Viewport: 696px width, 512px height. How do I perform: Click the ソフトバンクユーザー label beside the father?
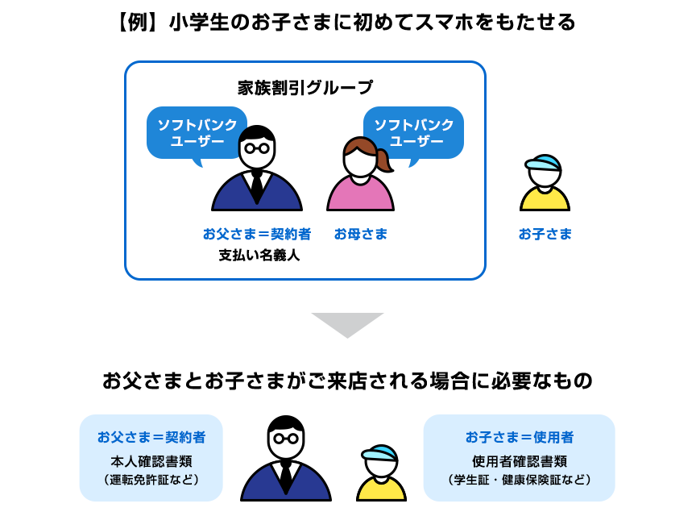click(x=197, y=132)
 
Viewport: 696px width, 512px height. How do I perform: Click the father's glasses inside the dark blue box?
click(x=257, y=148)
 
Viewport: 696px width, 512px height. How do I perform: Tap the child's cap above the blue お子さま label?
click(x=545, y=164)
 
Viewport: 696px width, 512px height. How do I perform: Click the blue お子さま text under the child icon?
click(x=545, y=235)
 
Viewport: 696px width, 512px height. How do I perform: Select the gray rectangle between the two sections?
click(x=347, y=326)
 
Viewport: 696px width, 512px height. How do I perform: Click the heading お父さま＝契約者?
click(x=151, y=438)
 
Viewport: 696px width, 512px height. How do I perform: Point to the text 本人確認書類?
click(x=151, y=462)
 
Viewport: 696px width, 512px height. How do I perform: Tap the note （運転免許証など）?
click(x=151, y=480)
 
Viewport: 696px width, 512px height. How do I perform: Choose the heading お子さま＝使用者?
click(x=520, y=438)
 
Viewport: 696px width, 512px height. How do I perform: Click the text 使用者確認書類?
click(x=520, y=462)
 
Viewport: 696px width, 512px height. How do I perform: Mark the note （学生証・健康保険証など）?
click(x=520, y=480)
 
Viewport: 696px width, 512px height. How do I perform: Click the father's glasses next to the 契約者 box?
click(x=285, y=439)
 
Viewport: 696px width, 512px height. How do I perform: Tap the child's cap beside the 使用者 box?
click(x=380, y=456)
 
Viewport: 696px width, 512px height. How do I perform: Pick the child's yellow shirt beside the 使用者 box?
click(x=381, y=489)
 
